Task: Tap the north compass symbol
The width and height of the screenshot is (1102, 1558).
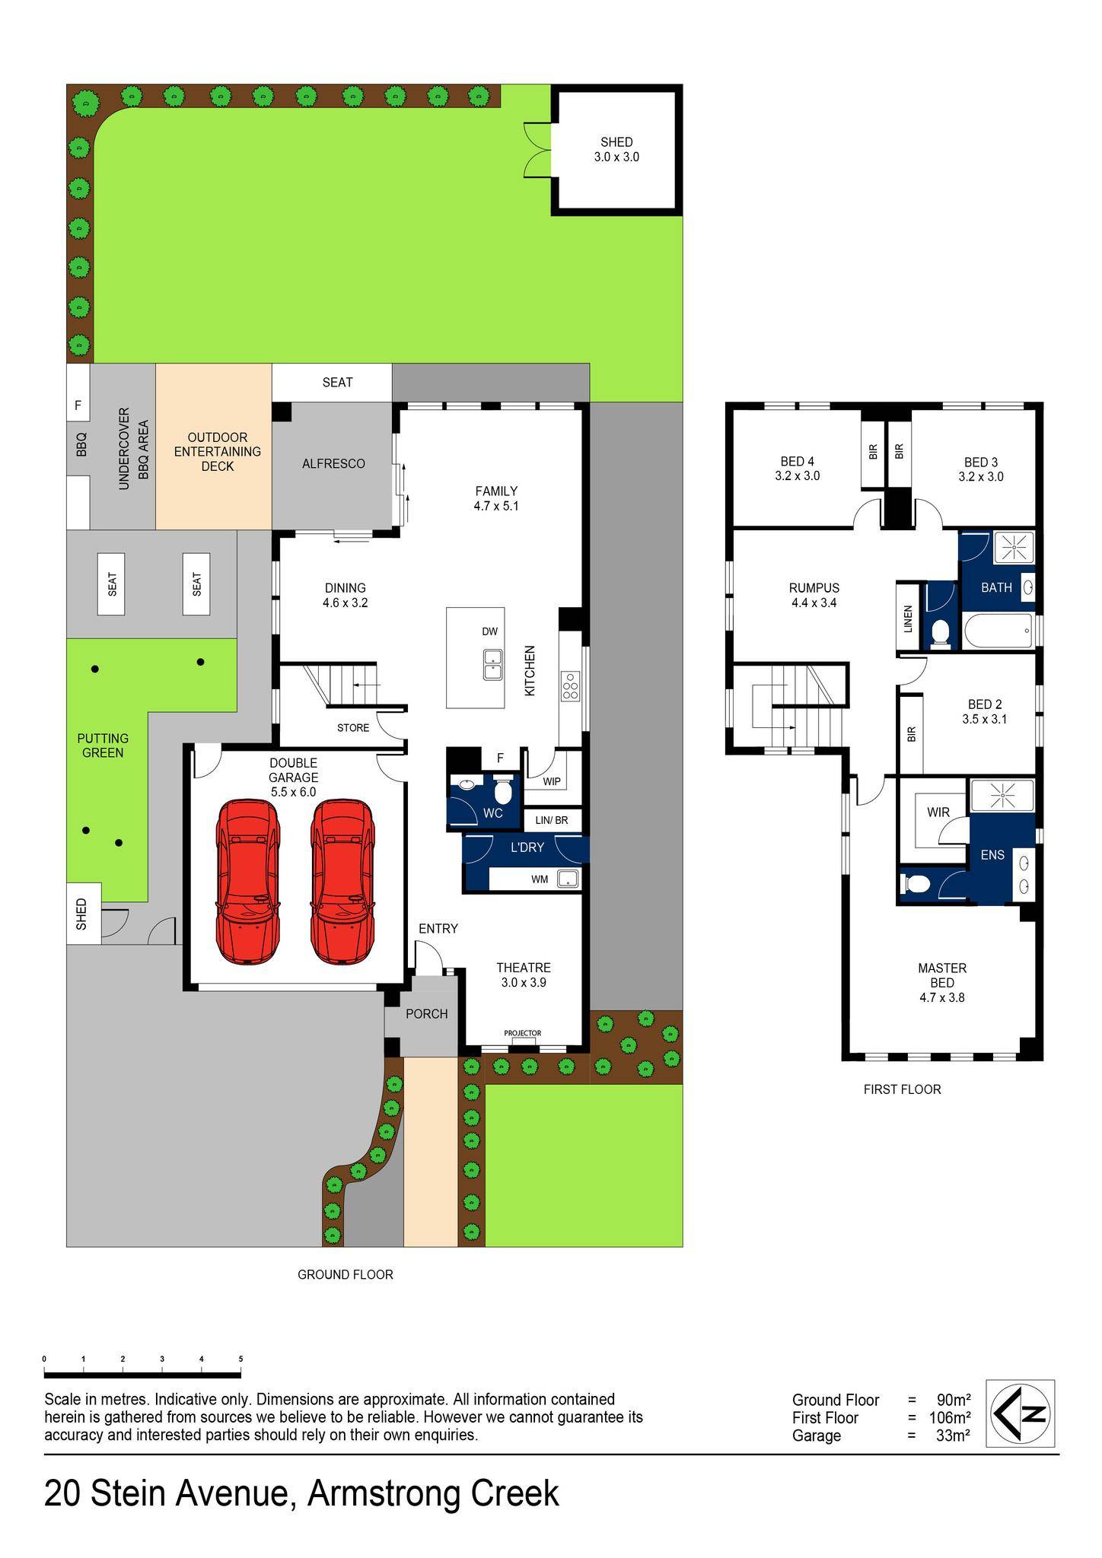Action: [1020, 1413]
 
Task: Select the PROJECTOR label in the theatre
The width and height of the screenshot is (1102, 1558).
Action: [523, 1033]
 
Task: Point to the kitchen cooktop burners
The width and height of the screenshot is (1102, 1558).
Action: [570, 686]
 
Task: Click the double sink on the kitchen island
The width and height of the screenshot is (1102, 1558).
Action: [492, 664]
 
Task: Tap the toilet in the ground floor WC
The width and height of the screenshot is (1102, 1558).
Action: [503, 791]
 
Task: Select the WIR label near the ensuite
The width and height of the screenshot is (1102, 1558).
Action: [938, 812]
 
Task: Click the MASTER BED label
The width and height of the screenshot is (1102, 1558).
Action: [942, 975]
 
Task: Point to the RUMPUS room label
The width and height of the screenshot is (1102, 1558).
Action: [814, 588]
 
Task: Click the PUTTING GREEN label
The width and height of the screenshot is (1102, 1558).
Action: [103, 746]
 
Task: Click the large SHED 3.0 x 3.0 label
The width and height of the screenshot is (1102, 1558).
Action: [616, 150]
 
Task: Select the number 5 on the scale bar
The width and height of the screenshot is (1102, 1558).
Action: [240, 1359]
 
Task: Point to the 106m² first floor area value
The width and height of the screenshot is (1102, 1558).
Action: [949, 1418]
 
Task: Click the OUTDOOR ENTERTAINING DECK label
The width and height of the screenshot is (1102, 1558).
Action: [218, 452]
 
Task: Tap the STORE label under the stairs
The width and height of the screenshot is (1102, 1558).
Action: [353, 728]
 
